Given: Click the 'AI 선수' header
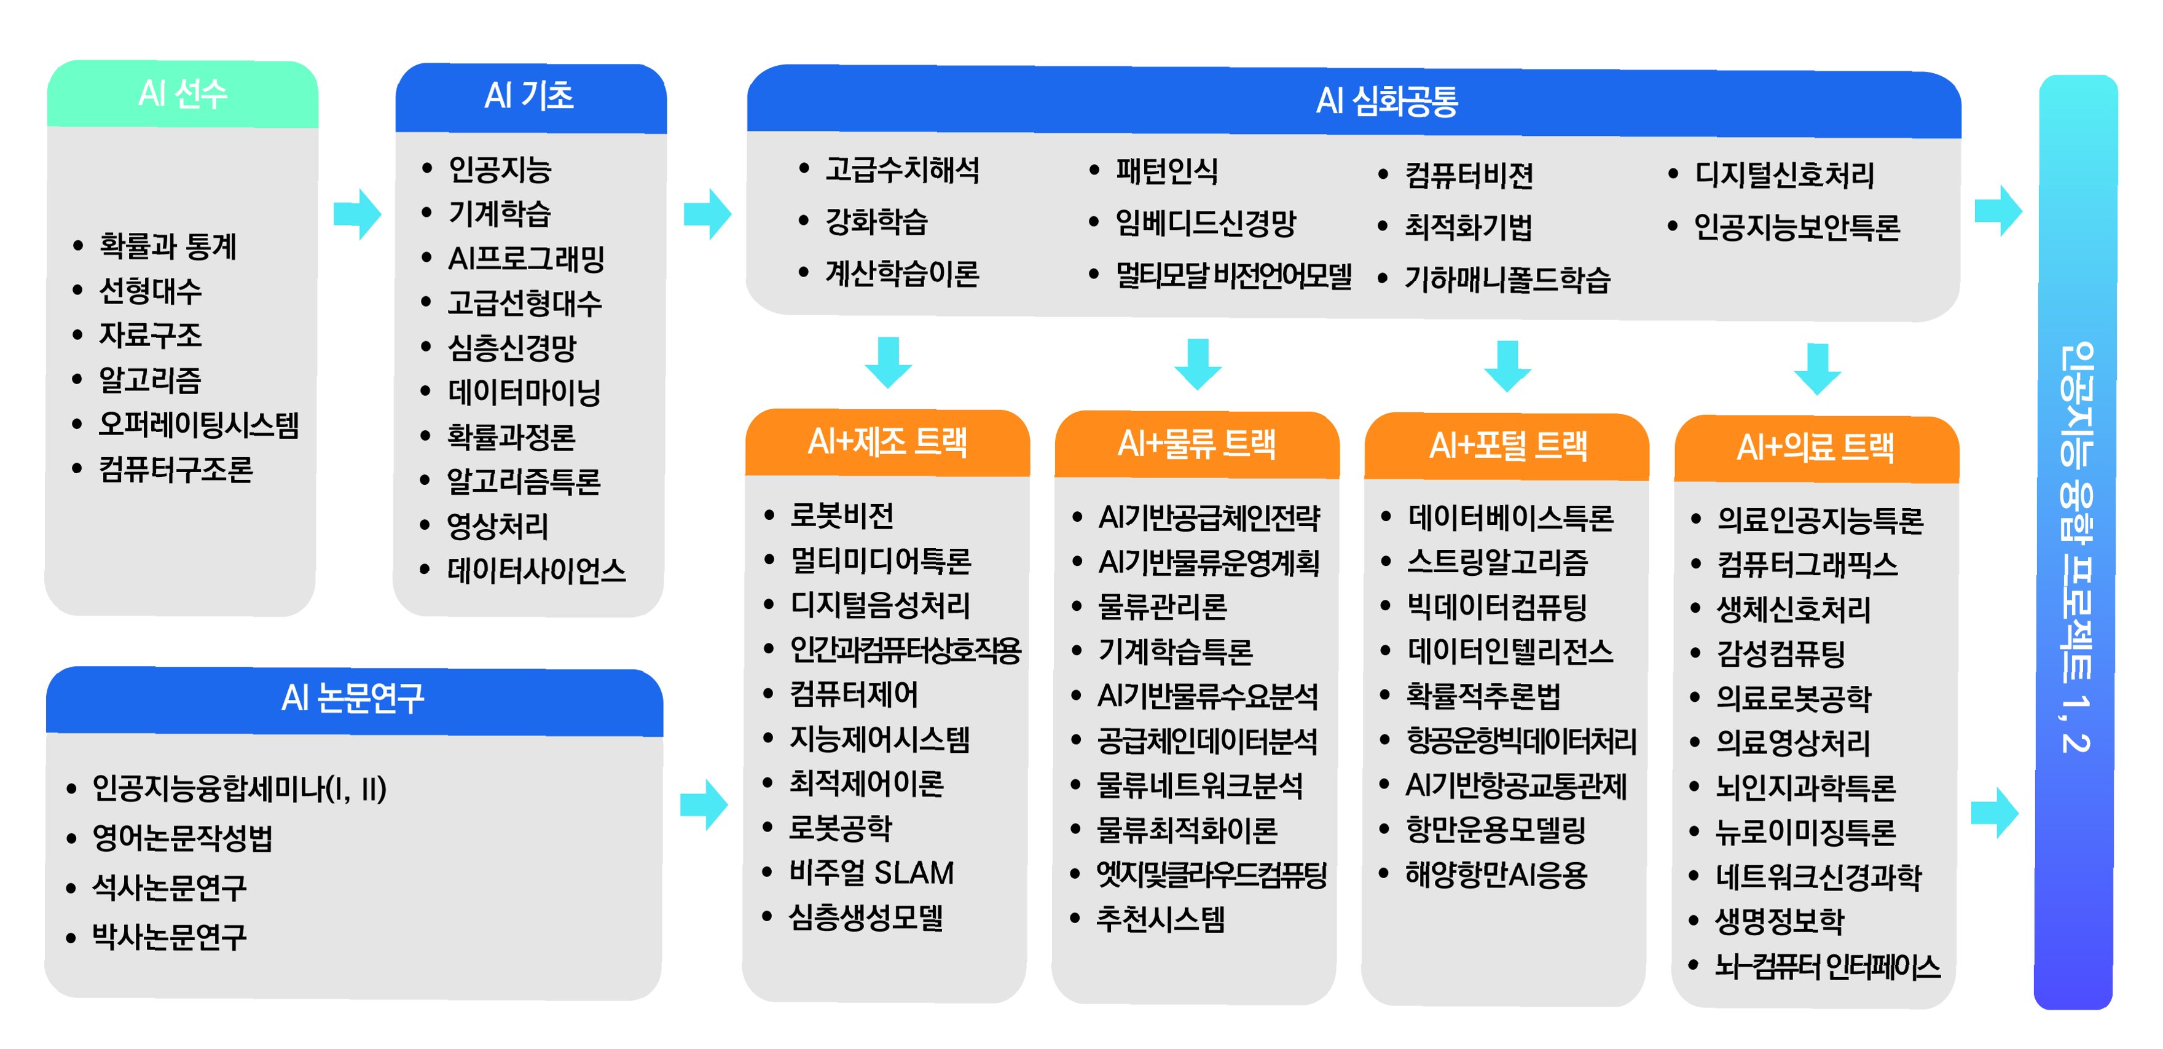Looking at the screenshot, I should (183, 93).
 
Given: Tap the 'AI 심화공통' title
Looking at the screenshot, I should (1386, 101).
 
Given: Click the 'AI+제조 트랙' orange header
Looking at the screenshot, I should (887, 442).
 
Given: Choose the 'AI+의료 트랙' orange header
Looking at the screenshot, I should (1815, 447).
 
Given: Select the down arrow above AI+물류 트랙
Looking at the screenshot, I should (1198, 364).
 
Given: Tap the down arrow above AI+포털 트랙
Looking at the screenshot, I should (1507, 366).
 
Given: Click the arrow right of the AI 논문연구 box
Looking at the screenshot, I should (704, 804).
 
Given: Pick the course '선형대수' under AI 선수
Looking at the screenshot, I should (151, 291).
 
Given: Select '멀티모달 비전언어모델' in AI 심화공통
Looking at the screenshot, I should (1233, 275).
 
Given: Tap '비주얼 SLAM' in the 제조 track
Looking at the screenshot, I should (871, 873).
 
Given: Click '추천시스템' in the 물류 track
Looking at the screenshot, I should (1160, 919).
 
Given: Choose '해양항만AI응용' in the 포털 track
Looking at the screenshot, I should (1496, 875).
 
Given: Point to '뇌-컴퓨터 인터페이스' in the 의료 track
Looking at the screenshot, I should (1827, 967).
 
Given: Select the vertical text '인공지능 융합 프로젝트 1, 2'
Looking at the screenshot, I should (2075, 546).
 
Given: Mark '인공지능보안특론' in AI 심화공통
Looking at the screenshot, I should (1796, 227).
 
